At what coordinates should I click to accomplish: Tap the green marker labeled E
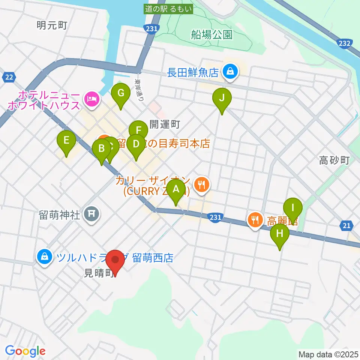(66, 141)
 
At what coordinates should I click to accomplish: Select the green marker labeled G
(121, 93)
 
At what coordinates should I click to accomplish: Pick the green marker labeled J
(222, 98)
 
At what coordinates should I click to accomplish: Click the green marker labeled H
(280, 234)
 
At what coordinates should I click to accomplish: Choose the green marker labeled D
(136, 144)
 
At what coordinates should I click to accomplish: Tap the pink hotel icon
(92, 99)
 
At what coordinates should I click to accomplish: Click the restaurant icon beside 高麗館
(255, 219)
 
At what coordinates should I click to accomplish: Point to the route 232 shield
(344, 44)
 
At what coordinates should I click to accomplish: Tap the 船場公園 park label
(211, 35)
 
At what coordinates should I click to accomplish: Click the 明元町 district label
(52, 25)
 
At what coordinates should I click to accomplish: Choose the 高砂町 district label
(334, 161)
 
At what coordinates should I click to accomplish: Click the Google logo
(25, 351)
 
